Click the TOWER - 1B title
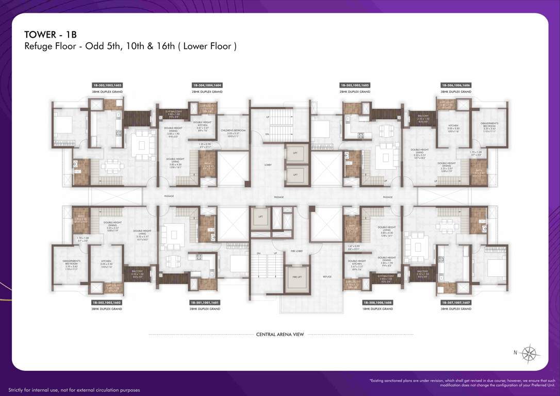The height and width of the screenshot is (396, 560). click(x=51, y=35)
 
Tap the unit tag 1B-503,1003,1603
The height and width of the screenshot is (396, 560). click(x=107, y=85)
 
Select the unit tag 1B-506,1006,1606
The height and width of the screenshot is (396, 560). click(x=456, y=85)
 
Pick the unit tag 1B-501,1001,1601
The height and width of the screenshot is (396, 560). click(x=205, y=303)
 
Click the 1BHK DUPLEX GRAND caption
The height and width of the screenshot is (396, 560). click(x=377, y=309)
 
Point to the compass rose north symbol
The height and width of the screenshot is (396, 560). click(x=529, y=354)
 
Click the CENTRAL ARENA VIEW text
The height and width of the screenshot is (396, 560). click(x=280, y=334)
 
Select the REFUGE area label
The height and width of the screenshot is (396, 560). click(x=327, y=277)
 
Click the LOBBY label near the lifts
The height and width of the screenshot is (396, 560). click(x=268, y=165)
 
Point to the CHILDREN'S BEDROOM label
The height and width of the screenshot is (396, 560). click(x=233, y=131)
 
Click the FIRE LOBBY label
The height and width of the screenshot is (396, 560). click(x=296, y=251)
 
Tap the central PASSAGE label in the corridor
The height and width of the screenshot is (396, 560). click(x=279, y=197)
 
